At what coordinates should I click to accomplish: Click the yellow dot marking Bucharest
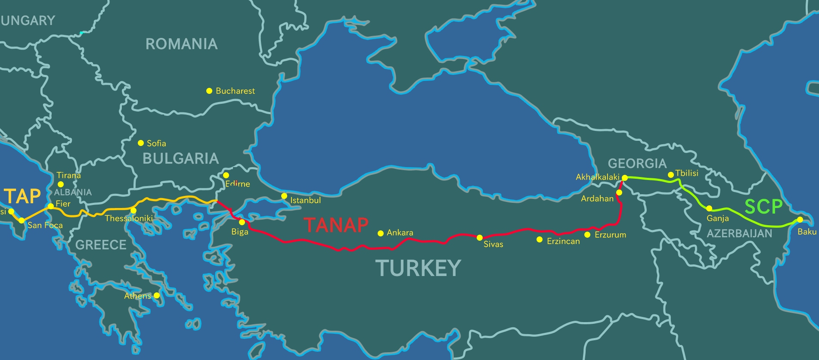click(x=209, y=91)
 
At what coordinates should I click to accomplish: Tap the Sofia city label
click(x=156, y=143)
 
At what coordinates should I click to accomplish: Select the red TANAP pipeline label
click(x=336, y=225)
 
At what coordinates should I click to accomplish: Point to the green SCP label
click(x=763, y=207)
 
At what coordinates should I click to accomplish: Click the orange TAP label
click(x=22, y=196)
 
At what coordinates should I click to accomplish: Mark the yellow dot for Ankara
click(x=381, y=233)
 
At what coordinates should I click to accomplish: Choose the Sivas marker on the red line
click(x=480, y=238)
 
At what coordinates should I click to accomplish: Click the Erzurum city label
click(x=610, y=235)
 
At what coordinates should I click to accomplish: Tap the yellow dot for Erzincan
click(x=540, y=239)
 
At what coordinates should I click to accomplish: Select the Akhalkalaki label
click(x=597, y=177)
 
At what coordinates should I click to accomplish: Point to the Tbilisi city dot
click(x=670, y=175)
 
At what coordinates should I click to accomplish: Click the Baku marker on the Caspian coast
click(x=800, y=220)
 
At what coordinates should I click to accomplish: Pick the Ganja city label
click(x=717, y=218)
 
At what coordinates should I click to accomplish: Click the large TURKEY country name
click(x=418, y=268)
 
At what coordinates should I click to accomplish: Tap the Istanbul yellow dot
click(x=284, y=196)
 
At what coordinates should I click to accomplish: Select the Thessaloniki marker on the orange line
click(x=133, y=211)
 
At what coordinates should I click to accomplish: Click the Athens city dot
click(x=157, y=295)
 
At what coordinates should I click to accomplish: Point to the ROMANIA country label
click(x=181, y=44)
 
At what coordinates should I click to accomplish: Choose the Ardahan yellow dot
click(x=619, y=192)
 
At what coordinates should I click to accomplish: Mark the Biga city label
click(x=239, y=232)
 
